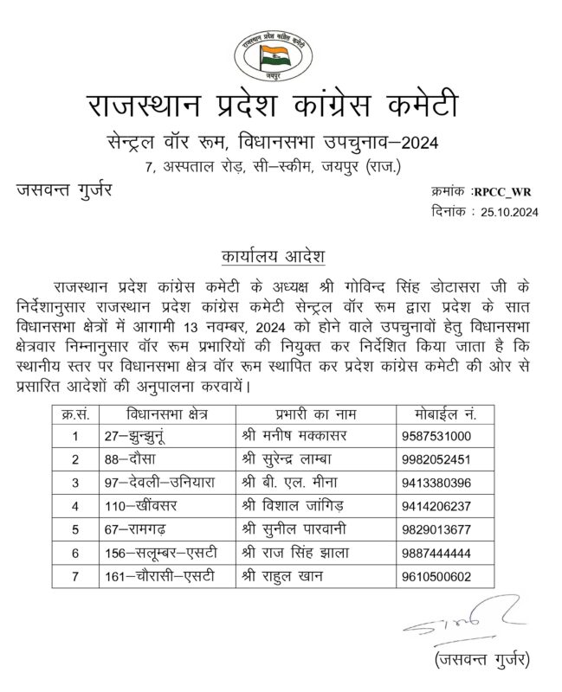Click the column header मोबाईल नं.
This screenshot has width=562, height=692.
tap(444, 414)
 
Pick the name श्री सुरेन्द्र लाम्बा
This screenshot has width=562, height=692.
tap(294, 460)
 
